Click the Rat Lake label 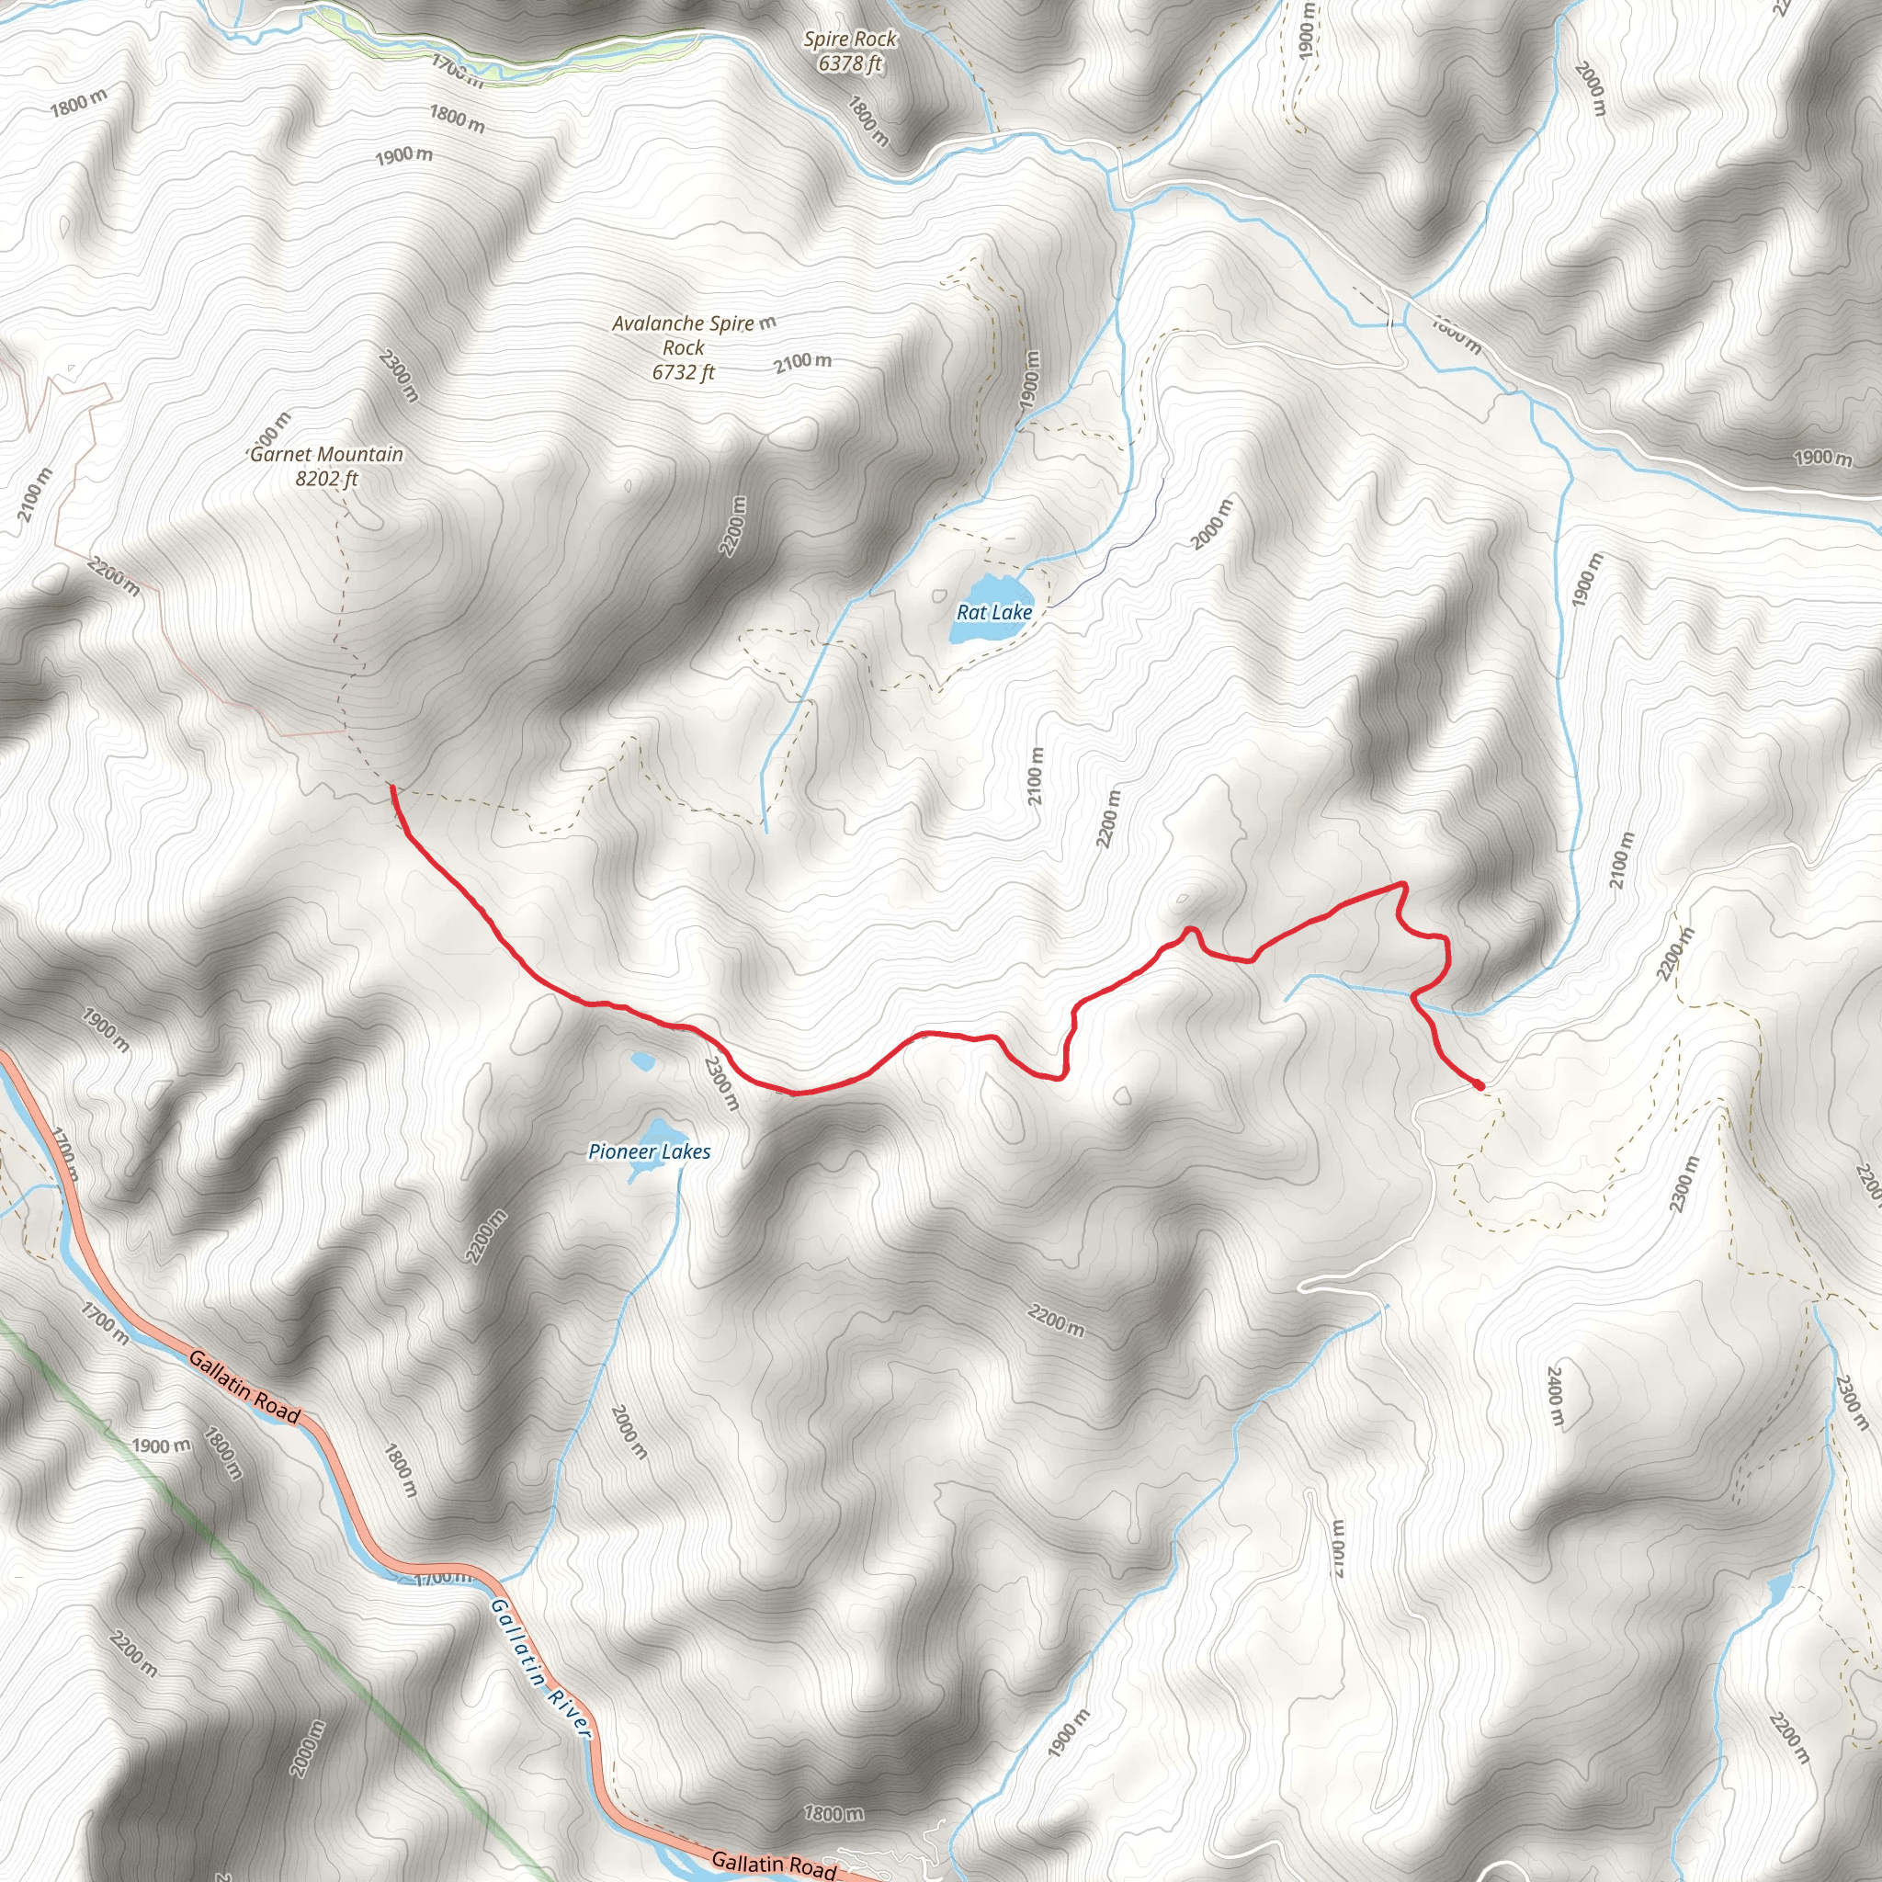pyautogui.click(x=993, y=613)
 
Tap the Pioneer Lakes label pyautogui.click(x=649, y=1151)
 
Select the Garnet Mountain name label pyautogui.click(x=326, y=454)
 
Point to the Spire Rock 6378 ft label pyautogui.click(x=850, y=51)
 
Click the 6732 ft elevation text pyautogui.click(x=683, y=372)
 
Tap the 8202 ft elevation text pyautogui.click(x=326, y=478)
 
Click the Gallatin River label pyautogui.click(x=539, y=1667)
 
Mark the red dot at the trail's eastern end pyautogui.click(x=1479, y=1084)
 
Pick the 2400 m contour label pyautogui.click(x=1555, y=1397)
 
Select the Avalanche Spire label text pyautogui.click(x=682, y=323)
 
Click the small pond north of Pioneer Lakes pyautogui.click(x=643, y=1060)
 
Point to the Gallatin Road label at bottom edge pyautogui.click(x=774, y=1864)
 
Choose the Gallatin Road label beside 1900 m pyautogui.click(x=244, y=1386)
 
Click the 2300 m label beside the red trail pyautogui.click(x=721, y=1083)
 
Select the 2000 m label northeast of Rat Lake pyautogui.click(x=1213, y=522)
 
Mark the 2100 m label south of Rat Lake pyautogui.click(x=1036, y=777)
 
